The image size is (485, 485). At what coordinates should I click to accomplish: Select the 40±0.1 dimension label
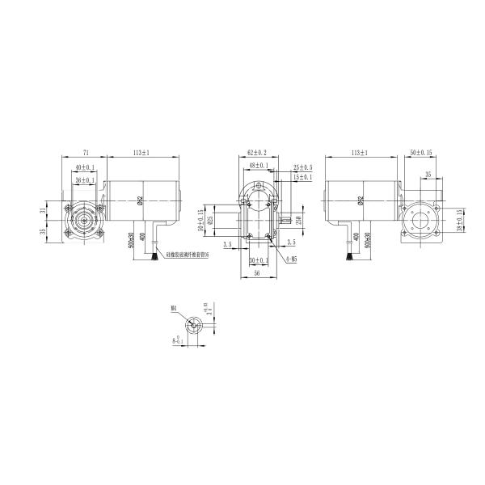coord(84,167)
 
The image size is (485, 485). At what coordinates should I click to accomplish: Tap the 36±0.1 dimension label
coord(84,179)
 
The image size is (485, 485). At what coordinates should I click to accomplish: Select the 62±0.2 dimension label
coord(256,152)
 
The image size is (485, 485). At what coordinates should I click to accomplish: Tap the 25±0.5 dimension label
coord(302,167)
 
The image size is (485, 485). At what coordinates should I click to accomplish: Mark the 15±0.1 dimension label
coord(302,177)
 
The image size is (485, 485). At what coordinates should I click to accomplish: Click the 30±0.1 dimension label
coord(258,261)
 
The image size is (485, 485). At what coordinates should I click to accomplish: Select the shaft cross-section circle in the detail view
coord(192,325)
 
